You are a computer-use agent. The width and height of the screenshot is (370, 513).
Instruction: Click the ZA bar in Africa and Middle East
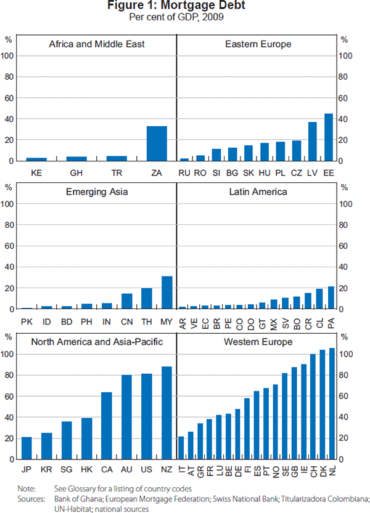pyautogui.click(x=157, y=143)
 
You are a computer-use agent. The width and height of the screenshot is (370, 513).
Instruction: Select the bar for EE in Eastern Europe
pyautogui.click(x=329, y=137)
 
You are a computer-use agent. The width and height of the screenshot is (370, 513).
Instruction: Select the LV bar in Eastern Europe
pyautogui.click(x=313, y=142)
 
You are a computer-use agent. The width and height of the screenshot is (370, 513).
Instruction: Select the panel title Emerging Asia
pyautogui.click(x=96, y=193)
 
